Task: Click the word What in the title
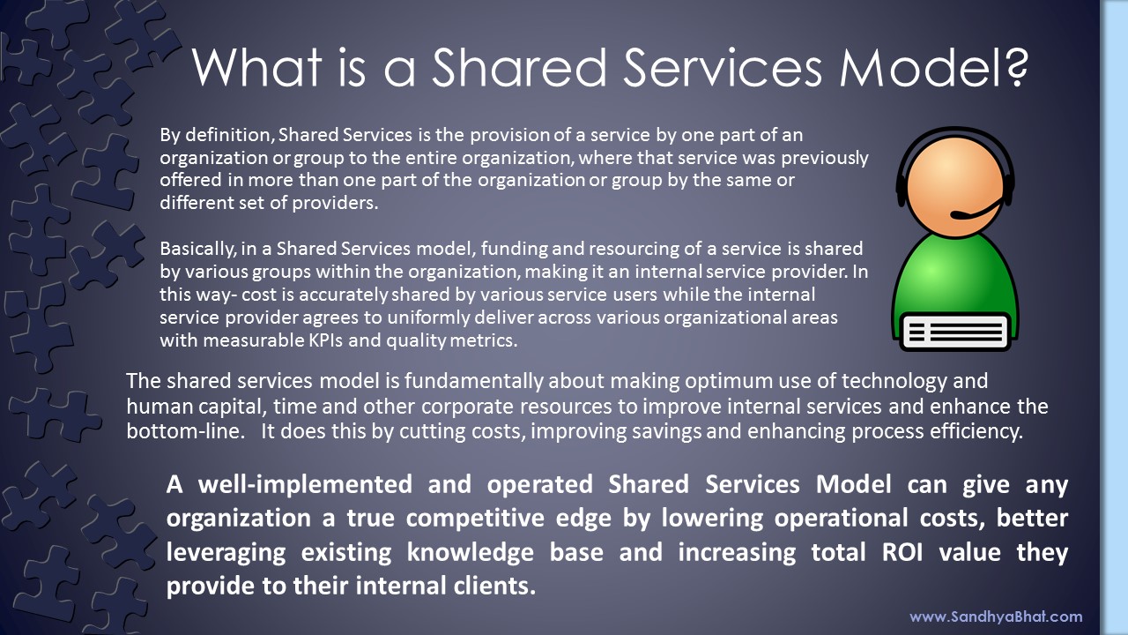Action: tap(256, 68)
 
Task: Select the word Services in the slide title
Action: tap(723, 68)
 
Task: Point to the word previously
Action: tap(824, 158)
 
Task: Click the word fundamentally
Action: tap(473, 381)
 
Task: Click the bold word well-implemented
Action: tap(305, 484)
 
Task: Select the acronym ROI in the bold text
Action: tap(902, 552)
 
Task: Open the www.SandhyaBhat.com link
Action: tap(996, 616)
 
